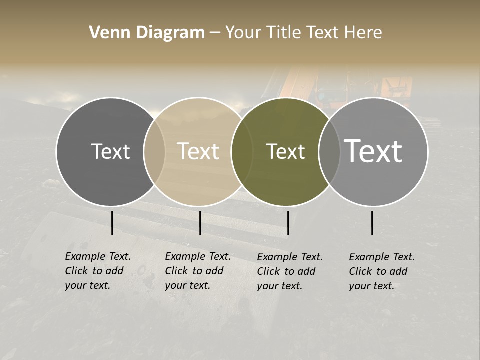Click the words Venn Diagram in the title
point(147,33)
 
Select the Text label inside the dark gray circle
point(110,151)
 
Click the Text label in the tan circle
point(198,151)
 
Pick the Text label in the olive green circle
point(285,151)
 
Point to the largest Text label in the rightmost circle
point(373,151)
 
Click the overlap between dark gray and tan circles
point(154,152)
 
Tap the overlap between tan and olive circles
point(242,152)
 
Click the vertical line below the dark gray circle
point(112,223)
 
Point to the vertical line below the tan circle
point(200,223)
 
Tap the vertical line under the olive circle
point(288,223)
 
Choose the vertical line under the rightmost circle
point(372,223)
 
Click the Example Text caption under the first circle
point(97,271)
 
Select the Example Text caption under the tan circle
point(197,271)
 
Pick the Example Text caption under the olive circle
point(289,271)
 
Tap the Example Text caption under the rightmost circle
point(381,271)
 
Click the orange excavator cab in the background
point(395,90)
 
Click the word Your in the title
point(244,33)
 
